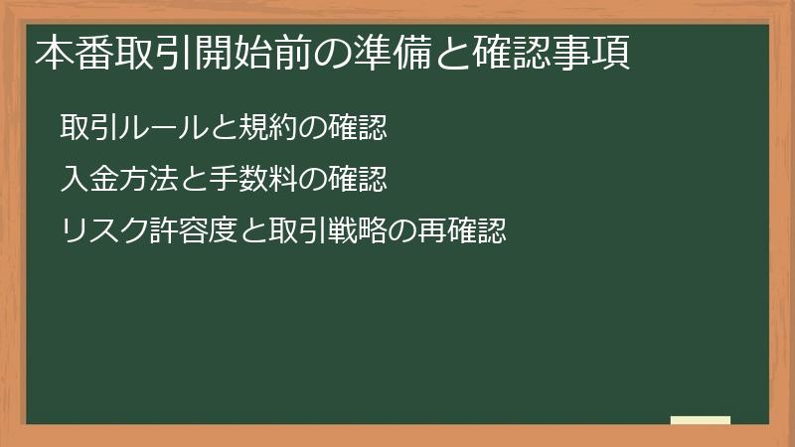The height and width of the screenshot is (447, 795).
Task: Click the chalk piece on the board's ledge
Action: click(701, 420)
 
